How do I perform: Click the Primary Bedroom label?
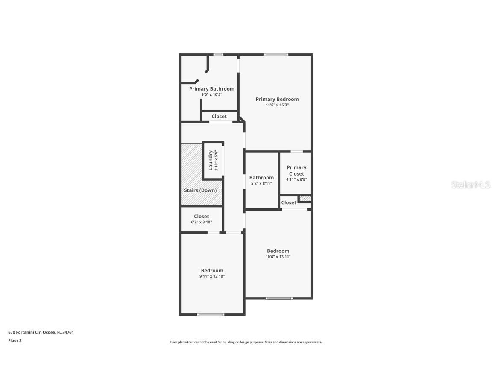(x=277, y=99)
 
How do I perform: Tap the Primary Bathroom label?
(x=211, y=89)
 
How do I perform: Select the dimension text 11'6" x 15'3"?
(x=277, y=105)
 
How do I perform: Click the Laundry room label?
(x=211, y=160)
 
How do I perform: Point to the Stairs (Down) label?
(x=200, y=190)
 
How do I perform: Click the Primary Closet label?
(x=296, y=170)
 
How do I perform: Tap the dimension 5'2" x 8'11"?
(x=261, y=184)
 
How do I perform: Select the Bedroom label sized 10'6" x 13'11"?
(x=278, y=251)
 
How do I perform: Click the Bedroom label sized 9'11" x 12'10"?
(x=212, y=270)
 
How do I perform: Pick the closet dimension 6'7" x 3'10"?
(x=201, y=222)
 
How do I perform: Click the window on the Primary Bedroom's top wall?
(x=275, y=54)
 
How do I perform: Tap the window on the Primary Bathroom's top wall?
(x=218, y=54)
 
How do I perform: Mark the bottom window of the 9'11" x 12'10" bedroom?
(x=210, y=315)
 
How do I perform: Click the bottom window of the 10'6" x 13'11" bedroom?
(x=279, y=298)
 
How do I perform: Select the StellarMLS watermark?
(x=470, y=184)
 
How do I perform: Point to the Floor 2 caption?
(x=15, y=340)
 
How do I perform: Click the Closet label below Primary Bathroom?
(x=219, y=117)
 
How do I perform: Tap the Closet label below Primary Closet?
(x=289, y=202)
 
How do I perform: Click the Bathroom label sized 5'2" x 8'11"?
(x=261, y=178)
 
